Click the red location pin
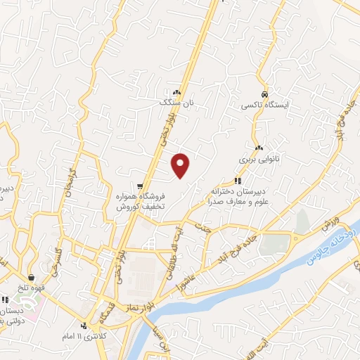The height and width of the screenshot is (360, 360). tap(181, 165)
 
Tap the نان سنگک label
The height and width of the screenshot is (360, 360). tap(176, 103)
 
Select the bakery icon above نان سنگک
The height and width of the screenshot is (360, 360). tap(176, 92)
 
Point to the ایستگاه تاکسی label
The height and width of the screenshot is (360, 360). tap(261, 105)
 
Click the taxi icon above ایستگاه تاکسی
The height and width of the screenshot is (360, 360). tap(264, 94)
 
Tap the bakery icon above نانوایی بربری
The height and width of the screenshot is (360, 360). tap(259, 148)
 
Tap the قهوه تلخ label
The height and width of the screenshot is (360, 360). tap(33, 286)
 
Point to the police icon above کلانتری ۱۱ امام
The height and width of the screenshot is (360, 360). tap(84, 325)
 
